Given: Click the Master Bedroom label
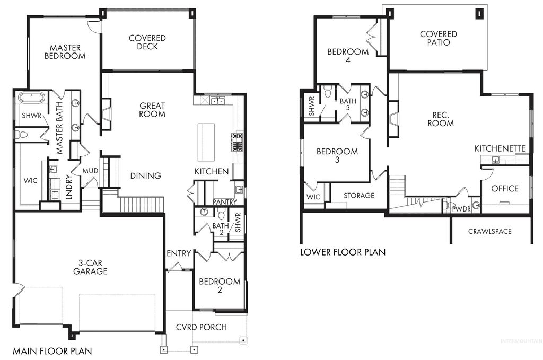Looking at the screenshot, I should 65,51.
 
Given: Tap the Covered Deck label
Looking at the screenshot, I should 147,42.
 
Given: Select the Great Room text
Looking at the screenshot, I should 152,110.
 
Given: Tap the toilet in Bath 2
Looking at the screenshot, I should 222,213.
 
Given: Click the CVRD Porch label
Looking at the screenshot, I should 202,327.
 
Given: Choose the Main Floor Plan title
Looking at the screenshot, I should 52,351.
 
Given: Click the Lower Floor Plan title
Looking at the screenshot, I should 343,252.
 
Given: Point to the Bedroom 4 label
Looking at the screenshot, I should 347,56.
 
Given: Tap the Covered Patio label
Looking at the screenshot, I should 438,38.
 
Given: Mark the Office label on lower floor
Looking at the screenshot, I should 504,189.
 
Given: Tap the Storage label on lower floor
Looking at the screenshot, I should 358,196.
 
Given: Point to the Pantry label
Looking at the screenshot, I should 224,202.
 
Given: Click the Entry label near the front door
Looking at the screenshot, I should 178,253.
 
